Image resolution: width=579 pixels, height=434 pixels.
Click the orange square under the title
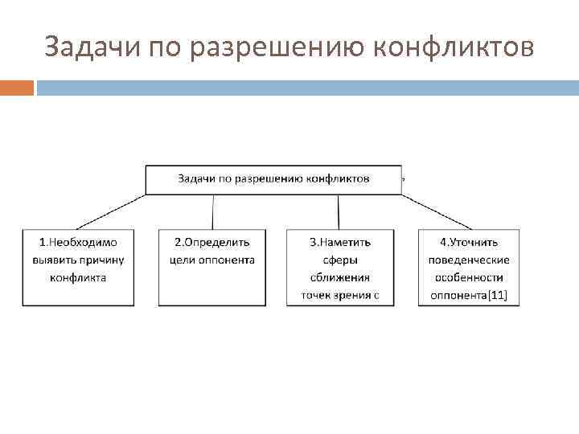click(x=16, y=88)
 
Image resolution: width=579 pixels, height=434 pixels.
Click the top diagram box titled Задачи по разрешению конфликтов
click(x=273, y=178)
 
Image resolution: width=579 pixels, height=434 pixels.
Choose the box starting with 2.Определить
click(x=212, y=268)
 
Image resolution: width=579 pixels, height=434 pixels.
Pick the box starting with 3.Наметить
click(x=340, y=268)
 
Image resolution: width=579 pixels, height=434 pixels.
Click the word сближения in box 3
click(x=340, y=278)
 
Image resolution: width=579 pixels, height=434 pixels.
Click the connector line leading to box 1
click(x=113, y=212)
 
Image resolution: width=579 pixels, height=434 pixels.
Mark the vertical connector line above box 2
click(x=212, y=212)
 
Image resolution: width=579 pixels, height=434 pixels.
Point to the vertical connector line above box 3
click(x=339, y=212)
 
